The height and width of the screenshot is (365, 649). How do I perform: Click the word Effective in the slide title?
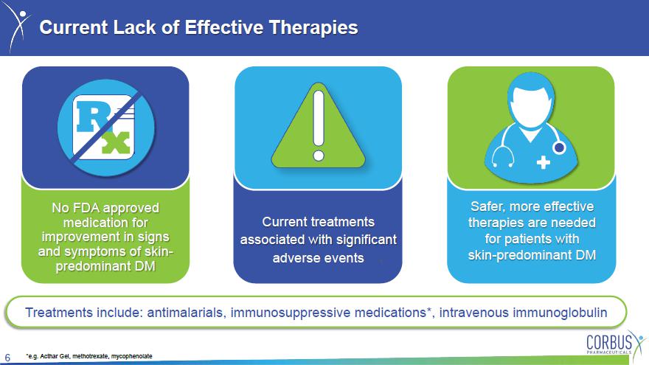click(223, 27)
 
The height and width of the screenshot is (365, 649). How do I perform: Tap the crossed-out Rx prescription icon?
click(106, 128)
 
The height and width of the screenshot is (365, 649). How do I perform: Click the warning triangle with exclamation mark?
click(319, 126)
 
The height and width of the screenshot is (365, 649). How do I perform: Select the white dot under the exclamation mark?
click(319, 156)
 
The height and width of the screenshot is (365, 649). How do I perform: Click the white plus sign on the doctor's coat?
click(543, 162)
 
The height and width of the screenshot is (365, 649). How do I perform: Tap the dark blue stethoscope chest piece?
click(559, 147)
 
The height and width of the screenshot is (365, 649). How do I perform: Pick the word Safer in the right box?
click(488, 206)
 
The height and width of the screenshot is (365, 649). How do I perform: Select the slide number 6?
click(7, 358)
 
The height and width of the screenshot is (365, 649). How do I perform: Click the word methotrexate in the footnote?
click(91, 356)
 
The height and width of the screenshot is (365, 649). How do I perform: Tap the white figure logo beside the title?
click(18, 26)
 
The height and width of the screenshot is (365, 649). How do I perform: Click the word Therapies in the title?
click(313, 28)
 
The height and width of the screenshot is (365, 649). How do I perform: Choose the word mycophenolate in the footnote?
click(131, 356)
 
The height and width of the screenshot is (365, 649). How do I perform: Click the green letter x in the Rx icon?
click(117, 143)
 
